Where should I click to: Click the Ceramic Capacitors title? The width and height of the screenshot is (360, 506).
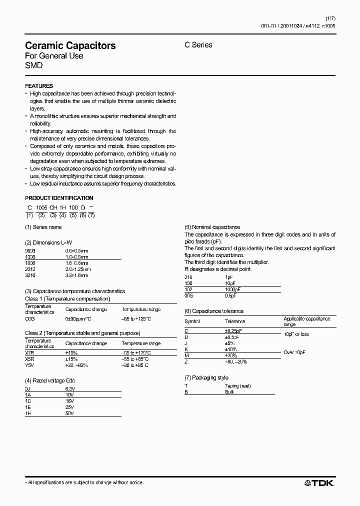[x=70, y=45]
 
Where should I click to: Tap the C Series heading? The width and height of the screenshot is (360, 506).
[x=198, y=45]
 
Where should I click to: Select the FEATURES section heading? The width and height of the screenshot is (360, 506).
[x=39, y=86]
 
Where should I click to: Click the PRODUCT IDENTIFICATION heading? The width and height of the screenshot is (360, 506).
[x=59, y=198]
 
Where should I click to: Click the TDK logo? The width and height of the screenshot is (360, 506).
[x=319, y=482]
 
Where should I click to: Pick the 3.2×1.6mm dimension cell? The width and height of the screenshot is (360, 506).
[x=76, y=275]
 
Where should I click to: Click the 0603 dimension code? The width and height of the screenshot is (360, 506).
[x=30, y=250]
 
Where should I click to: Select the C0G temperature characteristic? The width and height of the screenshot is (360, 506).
[x=30, y=318]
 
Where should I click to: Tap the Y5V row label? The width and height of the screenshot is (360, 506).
[x=30, y=365]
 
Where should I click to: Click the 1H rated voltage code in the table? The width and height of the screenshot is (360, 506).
[x=28, y=413]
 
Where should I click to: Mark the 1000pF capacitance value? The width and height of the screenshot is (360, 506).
[x=233, y=288]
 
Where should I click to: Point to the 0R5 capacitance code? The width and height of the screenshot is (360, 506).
[x=189, y=294]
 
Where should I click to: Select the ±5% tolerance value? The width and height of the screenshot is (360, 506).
[x=229, y=343]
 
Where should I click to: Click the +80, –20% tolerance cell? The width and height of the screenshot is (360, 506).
[x=236, y=361]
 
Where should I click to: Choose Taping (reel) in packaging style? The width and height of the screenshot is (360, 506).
[x=237, y=385]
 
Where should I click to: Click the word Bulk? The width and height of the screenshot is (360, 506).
[x=229, y=391]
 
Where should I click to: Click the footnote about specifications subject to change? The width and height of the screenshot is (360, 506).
[x=84, y=482]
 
